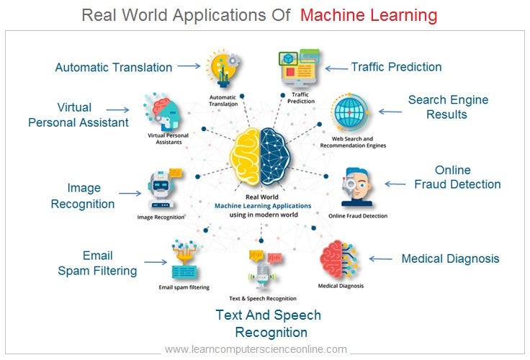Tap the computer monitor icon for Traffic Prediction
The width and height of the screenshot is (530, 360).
click(x=300, y=68)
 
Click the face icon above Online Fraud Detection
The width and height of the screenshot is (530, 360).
click(x=356, y=187)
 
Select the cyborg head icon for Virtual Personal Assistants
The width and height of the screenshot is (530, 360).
click(x=163, y=112)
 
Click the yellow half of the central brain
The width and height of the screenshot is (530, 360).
click(x=246, y=156)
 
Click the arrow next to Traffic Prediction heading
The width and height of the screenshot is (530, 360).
click(x=336, y=68)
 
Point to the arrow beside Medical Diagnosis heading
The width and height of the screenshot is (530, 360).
click(x=381, y=259)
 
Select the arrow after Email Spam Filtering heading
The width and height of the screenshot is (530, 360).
click(x=156, y=262)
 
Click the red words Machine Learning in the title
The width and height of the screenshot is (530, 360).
click(x=369, y=15)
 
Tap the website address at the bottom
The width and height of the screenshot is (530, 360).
click(x=256, y=349)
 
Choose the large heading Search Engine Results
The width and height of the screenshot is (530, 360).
click(x=448, y=107)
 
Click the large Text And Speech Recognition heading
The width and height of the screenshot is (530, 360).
click(x=269, y=323)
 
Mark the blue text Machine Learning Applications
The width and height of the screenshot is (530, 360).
click(x=263, y=206)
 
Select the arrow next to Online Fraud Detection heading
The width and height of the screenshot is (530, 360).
click(x=395, y=184)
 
